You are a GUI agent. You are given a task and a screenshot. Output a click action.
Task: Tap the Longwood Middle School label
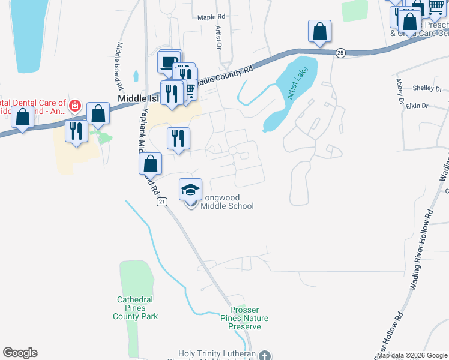coord(226,202)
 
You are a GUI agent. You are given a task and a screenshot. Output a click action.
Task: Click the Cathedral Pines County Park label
coord(136,308)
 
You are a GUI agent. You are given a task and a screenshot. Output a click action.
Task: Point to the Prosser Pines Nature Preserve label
coord(244,318)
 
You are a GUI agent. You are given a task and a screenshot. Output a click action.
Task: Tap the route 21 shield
coord(162,202)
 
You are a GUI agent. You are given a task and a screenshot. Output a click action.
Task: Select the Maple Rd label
coord(211,17)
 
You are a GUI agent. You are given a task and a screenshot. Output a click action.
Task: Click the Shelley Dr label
coord(427,88)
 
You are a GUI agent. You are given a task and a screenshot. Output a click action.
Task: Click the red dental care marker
coord(75,107)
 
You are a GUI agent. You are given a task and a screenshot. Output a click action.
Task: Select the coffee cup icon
coord(169,62)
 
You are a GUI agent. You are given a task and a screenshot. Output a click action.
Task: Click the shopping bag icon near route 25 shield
coord(320,31)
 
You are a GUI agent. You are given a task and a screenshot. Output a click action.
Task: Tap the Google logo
coord(20,353)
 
